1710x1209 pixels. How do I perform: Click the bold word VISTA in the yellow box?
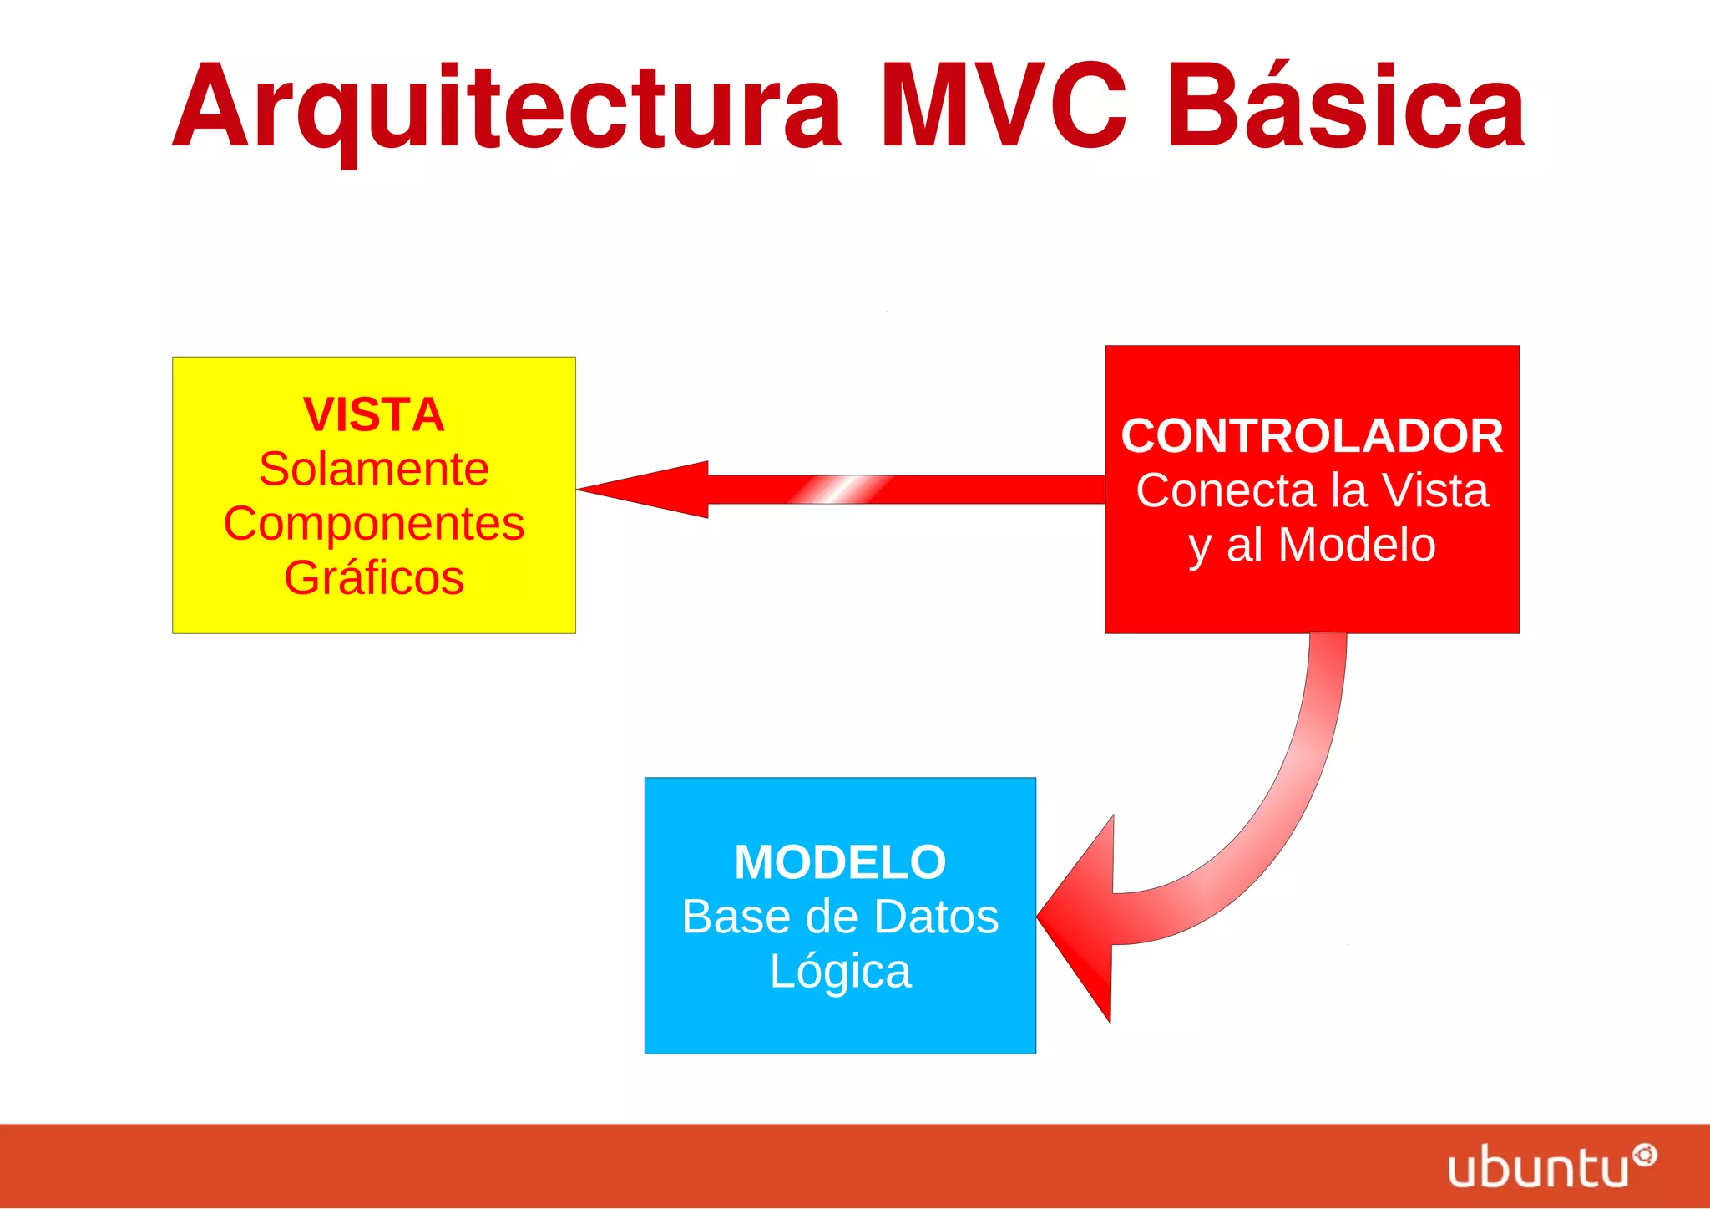click(373, 414)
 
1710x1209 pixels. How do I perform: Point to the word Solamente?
click(373, 469)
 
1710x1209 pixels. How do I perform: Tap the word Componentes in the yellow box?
click(373, 524)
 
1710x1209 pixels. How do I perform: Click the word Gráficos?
click(373, 578)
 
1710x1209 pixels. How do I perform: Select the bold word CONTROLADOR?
click(1312, 436)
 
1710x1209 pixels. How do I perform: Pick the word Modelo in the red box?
click(1357, 545)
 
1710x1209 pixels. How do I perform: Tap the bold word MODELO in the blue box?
click(840, 862)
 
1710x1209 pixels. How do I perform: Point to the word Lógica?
click(840, 972)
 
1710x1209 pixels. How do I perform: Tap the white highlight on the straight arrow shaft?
click(839, 490)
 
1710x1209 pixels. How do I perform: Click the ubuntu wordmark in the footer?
click(1538, 1168)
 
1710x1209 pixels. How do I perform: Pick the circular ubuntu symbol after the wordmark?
click(1645, 1156)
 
